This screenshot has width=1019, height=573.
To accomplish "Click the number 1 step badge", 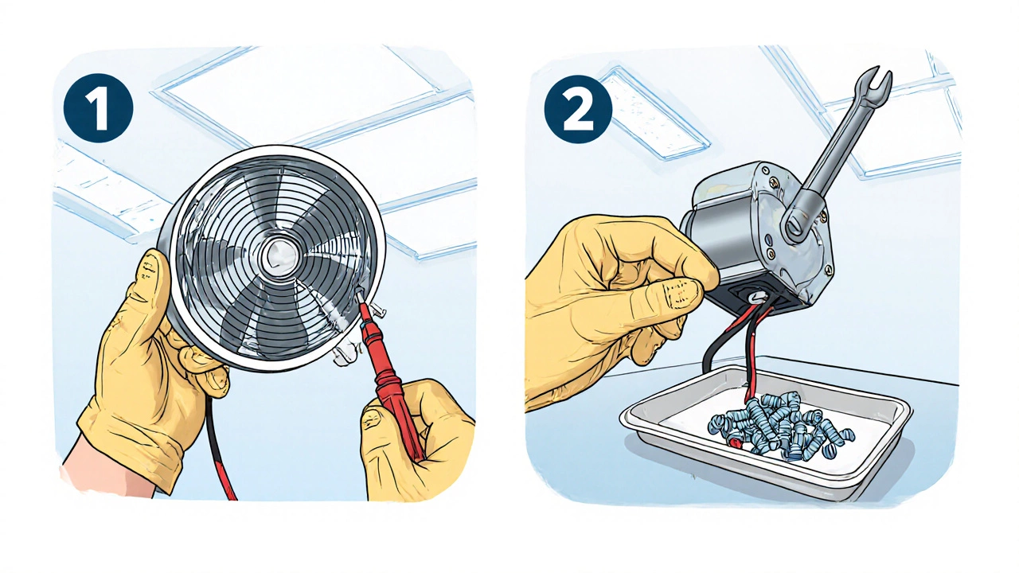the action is pyautogui.click(x=98, y=108).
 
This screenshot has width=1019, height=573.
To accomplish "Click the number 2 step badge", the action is pyautogui.click(x=578, y=109).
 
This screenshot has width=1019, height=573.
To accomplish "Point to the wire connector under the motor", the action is pyautogui.click(x=759, y=297).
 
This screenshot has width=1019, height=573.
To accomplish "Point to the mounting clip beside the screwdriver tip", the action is pyautogui.click(x=376, y=311).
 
